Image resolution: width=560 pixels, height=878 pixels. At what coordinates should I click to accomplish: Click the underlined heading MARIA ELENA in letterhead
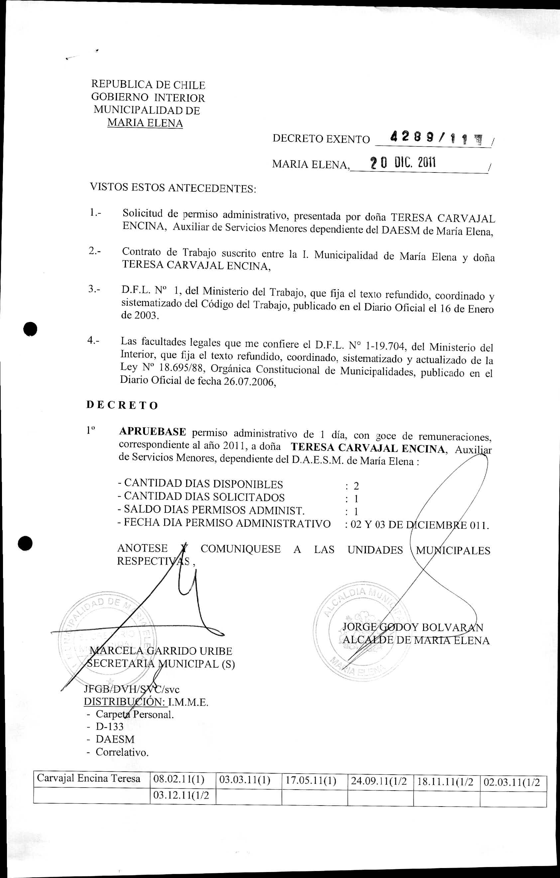(145, 123)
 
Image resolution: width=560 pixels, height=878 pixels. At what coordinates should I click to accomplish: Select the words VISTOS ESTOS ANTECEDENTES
(173, 188)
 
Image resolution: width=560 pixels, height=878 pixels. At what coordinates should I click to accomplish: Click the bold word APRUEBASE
(153, 432)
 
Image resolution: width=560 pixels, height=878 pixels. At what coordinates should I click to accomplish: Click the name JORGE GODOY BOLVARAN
(413, 627)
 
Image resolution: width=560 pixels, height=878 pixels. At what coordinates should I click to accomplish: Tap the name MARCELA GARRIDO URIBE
(161, 651)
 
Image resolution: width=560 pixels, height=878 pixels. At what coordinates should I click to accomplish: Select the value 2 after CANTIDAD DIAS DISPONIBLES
(356, 486)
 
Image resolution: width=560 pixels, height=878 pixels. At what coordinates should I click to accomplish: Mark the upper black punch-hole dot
(30, 330)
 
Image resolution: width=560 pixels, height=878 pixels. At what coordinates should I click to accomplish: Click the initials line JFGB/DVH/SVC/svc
(132, 689)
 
